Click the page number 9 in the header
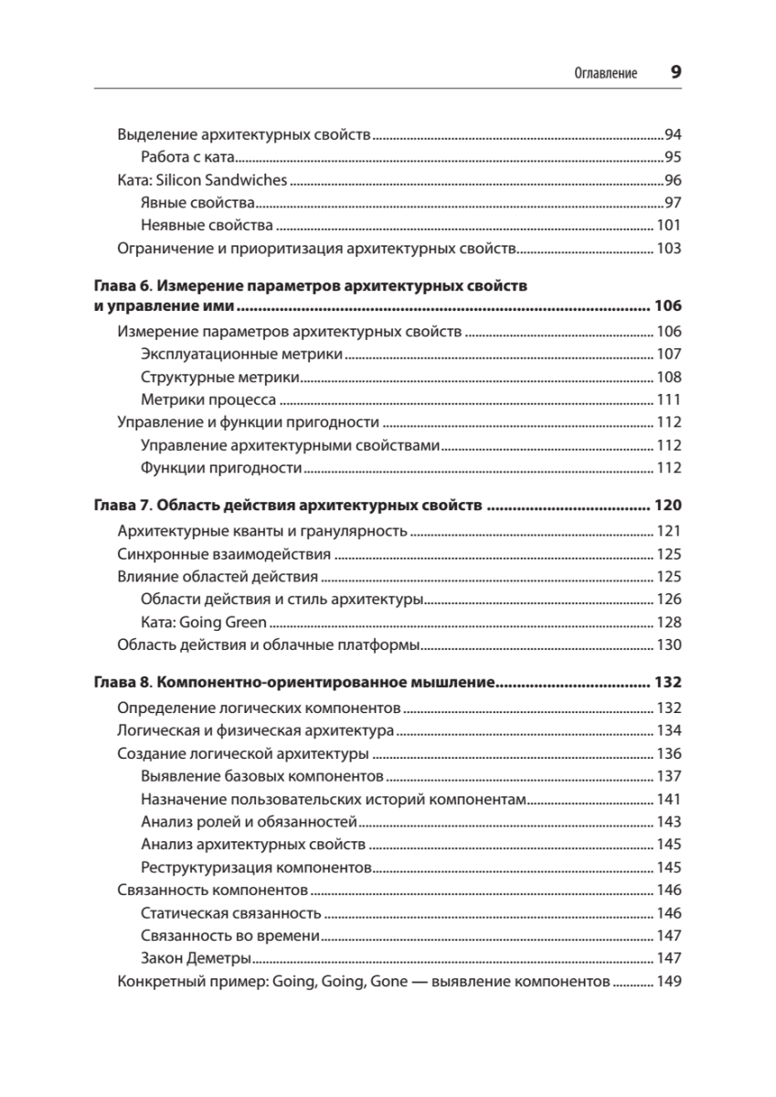[675, 73]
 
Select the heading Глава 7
[122, 506]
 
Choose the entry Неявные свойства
[207, 225]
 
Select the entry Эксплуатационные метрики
[242, 354]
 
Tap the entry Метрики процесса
[209, 399]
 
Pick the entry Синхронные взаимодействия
[224, 554]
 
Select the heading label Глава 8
[122, 683]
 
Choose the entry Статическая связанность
[231, 913]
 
